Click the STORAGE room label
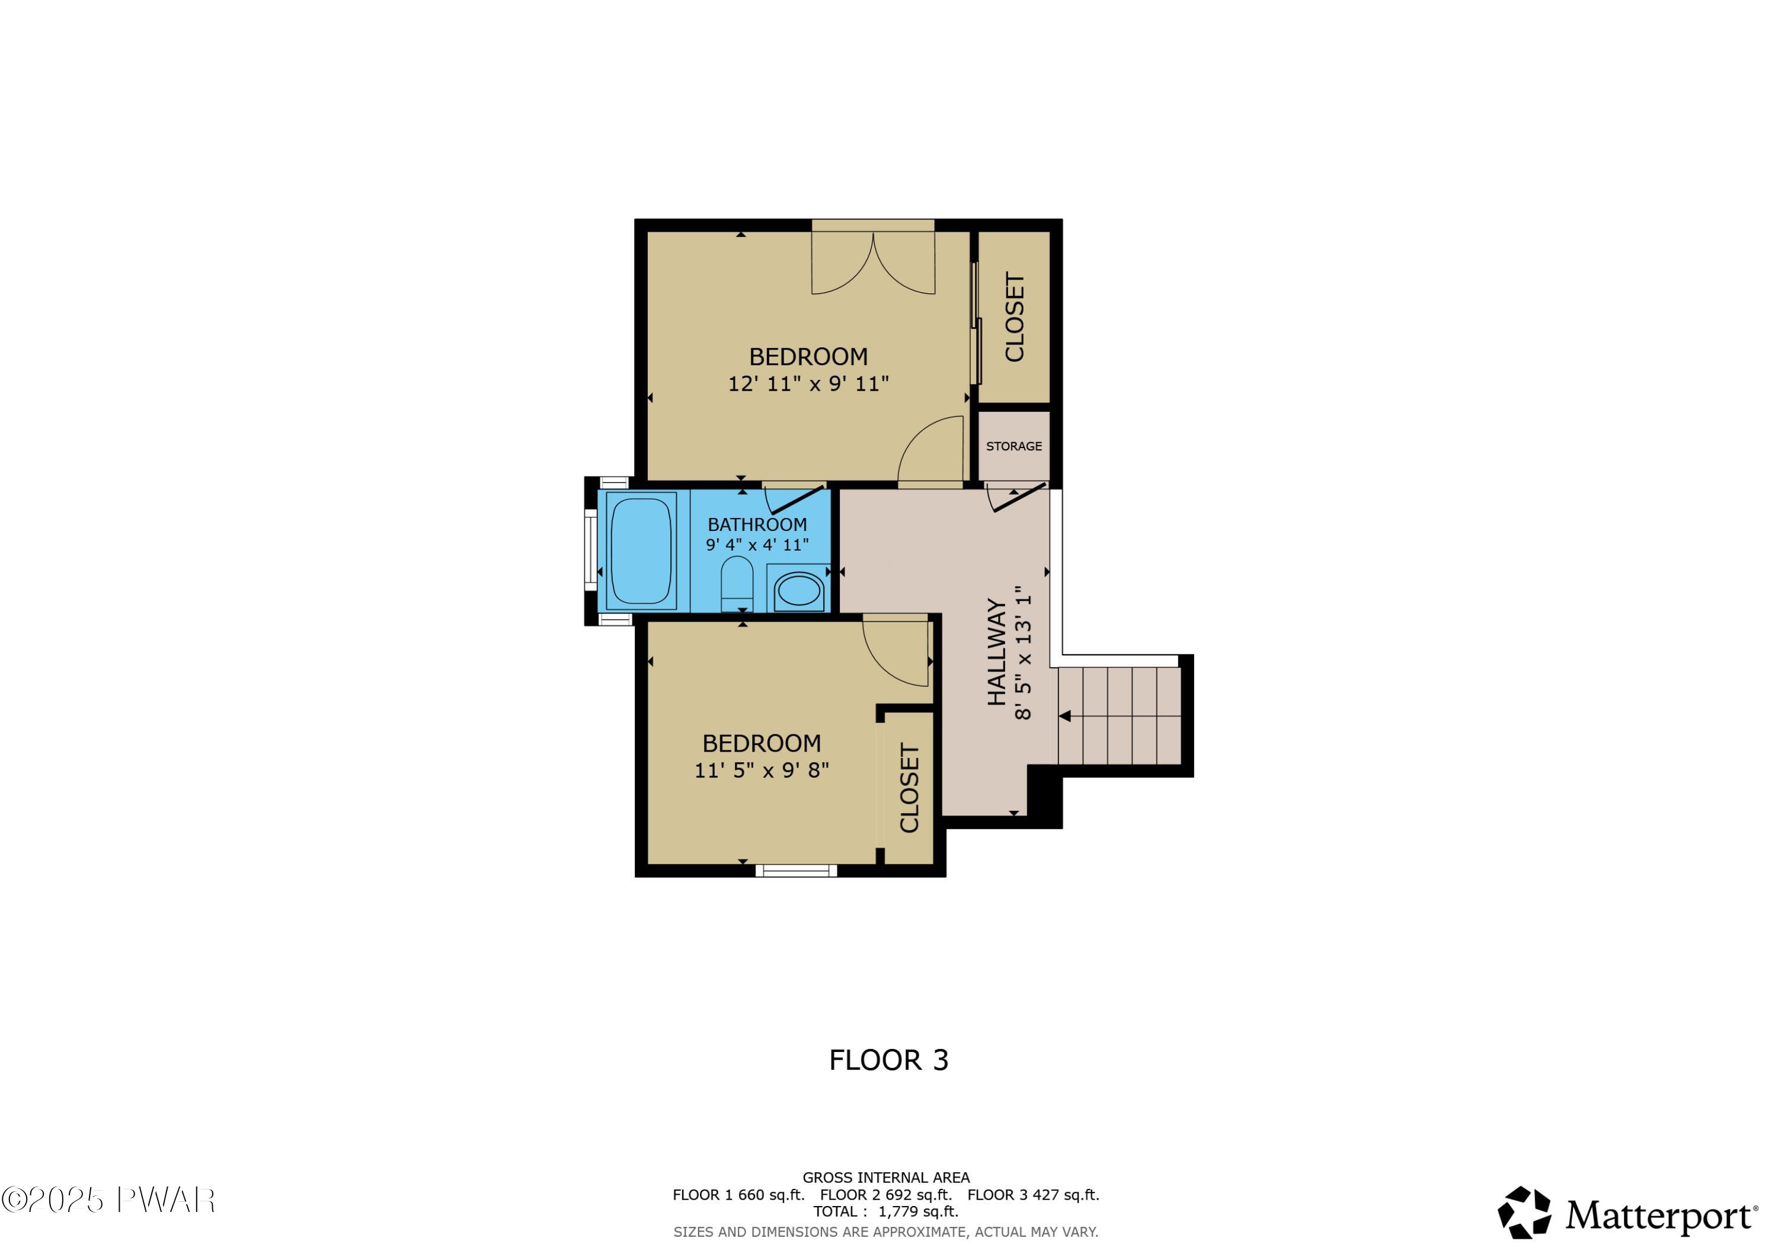pyautogui.click(x=1013, y=446)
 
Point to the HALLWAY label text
pyautogui.click(x=997, y=651)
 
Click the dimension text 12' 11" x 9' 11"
pyautogui.click(x=808, y=384)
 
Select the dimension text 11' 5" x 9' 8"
pyautogui.click(x=761, y=770)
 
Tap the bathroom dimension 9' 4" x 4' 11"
pyautogui.click(x=757, y=545)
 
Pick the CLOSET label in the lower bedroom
pyautogui.click(x=909, y=788)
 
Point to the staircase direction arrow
pyautogui.click(x=1066, y=716)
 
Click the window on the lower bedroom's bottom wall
pyautogui.click(x=796, y=871)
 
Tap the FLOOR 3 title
pyautogui.click(x=888, y=1060)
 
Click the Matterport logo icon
pyautogui.click(x=1524, y=1213)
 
